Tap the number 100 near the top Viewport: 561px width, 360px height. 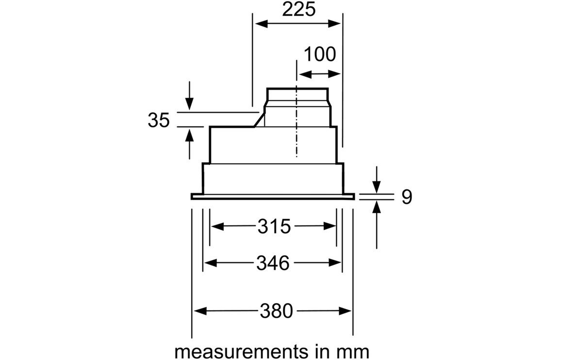319,54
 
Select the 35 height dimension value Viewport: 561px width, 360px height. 159,120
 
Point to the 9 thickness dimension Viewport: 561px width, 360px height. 407,197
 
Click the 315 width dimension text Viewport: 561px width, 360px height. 273,227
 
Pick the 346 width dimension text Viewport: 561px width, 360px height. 273,263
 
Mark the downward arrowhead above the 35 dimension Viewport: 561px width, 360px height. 190,105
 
